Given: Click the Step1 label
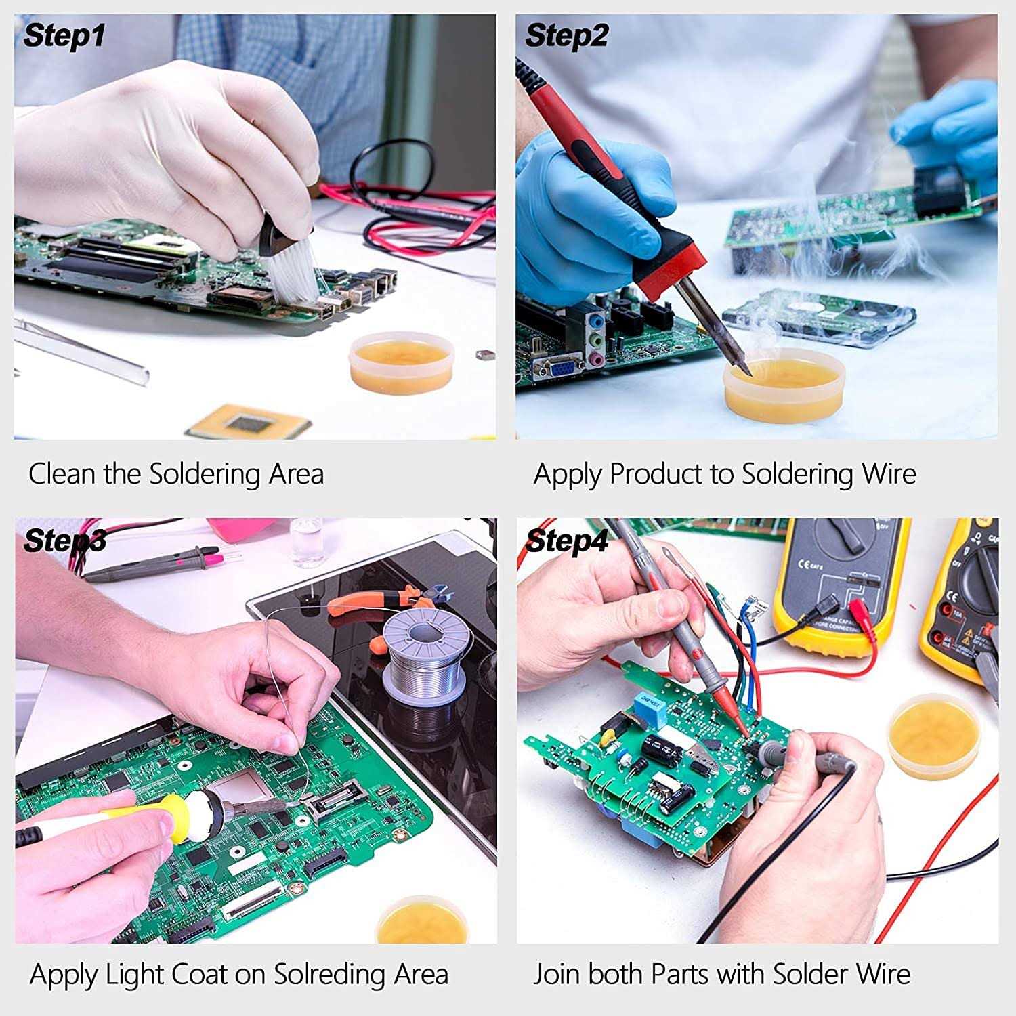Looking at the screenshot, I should click(64, 35).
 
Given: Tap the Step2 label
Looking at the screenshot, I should click(566, 35).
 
